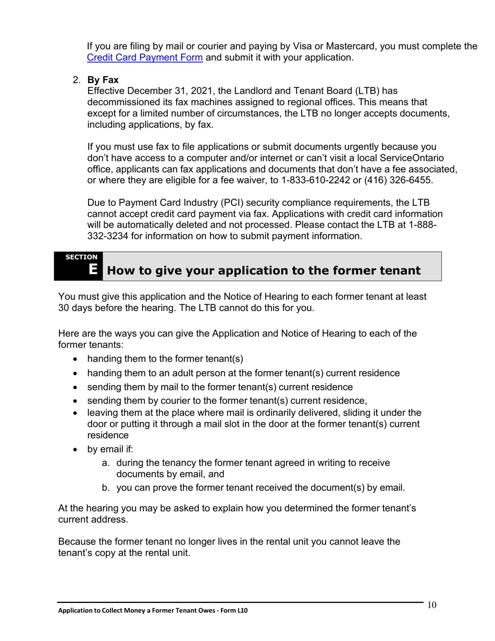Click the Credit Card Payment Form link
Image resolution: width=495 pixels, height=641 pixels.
[144, 58]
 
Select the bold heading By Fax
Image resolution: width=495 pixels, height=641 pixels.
[103, 80]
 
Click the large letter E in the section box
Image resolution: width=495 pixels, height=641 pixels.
[93, 269]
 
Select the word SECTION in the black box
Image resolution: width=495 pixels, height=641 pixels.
[81, 257]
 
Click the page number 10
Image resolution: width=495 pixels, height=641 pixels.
[431, 605]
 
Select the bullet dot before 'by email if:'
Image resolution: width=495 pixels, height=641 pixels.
[77, 450]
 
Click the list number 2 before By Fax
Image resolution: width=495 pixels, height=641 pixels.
[76, 80]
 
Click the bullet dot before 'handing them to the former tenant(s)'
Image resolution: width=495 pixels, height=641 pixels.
[77, 360]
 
